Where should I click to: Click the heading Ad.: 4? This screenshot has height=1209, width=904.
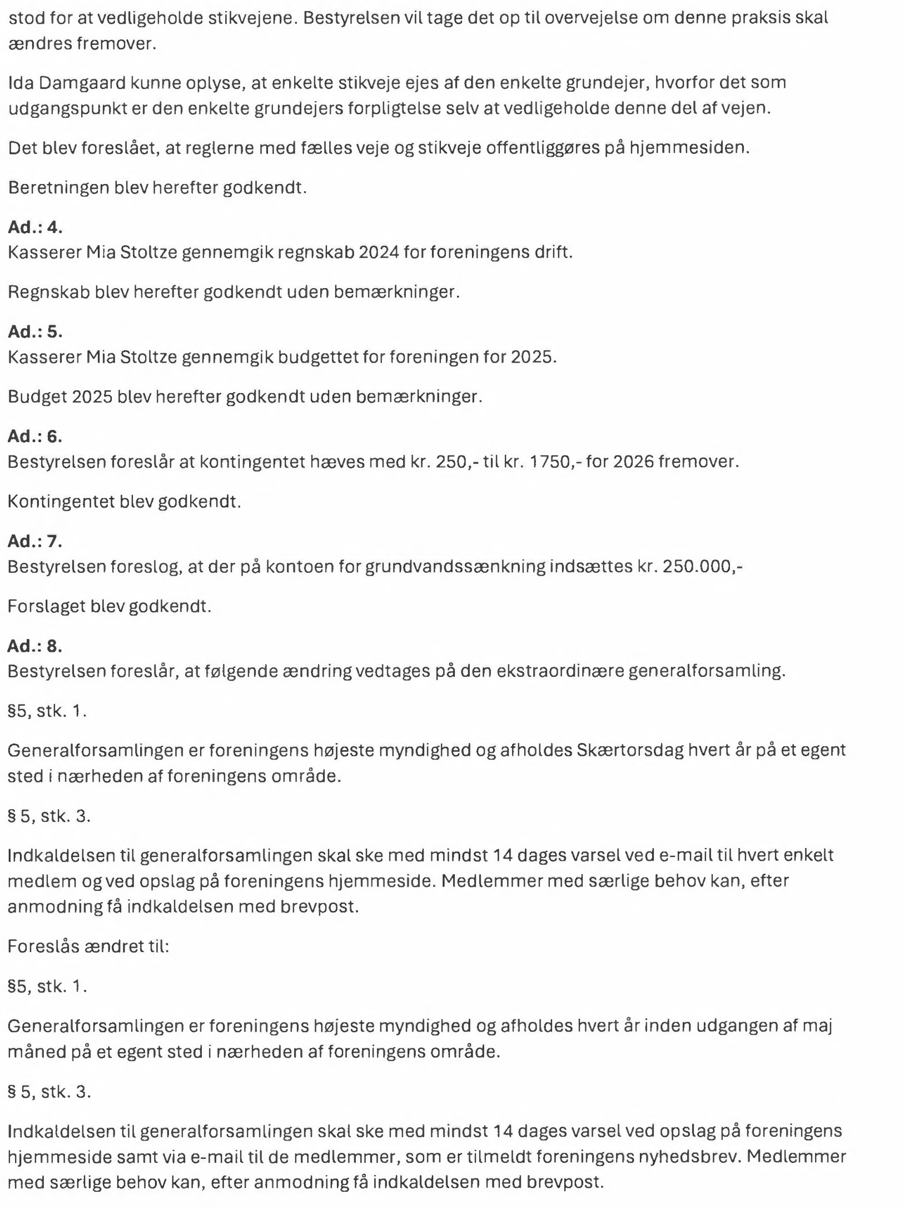click(x=35, y=227)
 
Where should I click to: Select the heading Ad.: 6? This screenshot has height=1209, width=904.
click(x=35, y=437)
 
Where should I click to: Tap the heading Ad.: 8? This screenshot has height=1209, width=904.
click(x=35, y=646)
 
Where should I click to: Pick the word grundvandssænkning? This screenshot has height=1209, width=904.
click(x=455, y=566)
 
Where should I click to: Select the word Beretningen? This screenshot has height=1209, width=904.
click(x=59, y=187)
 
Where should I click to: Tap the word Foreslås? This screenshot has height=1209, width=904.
click(x=43, y=946)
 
